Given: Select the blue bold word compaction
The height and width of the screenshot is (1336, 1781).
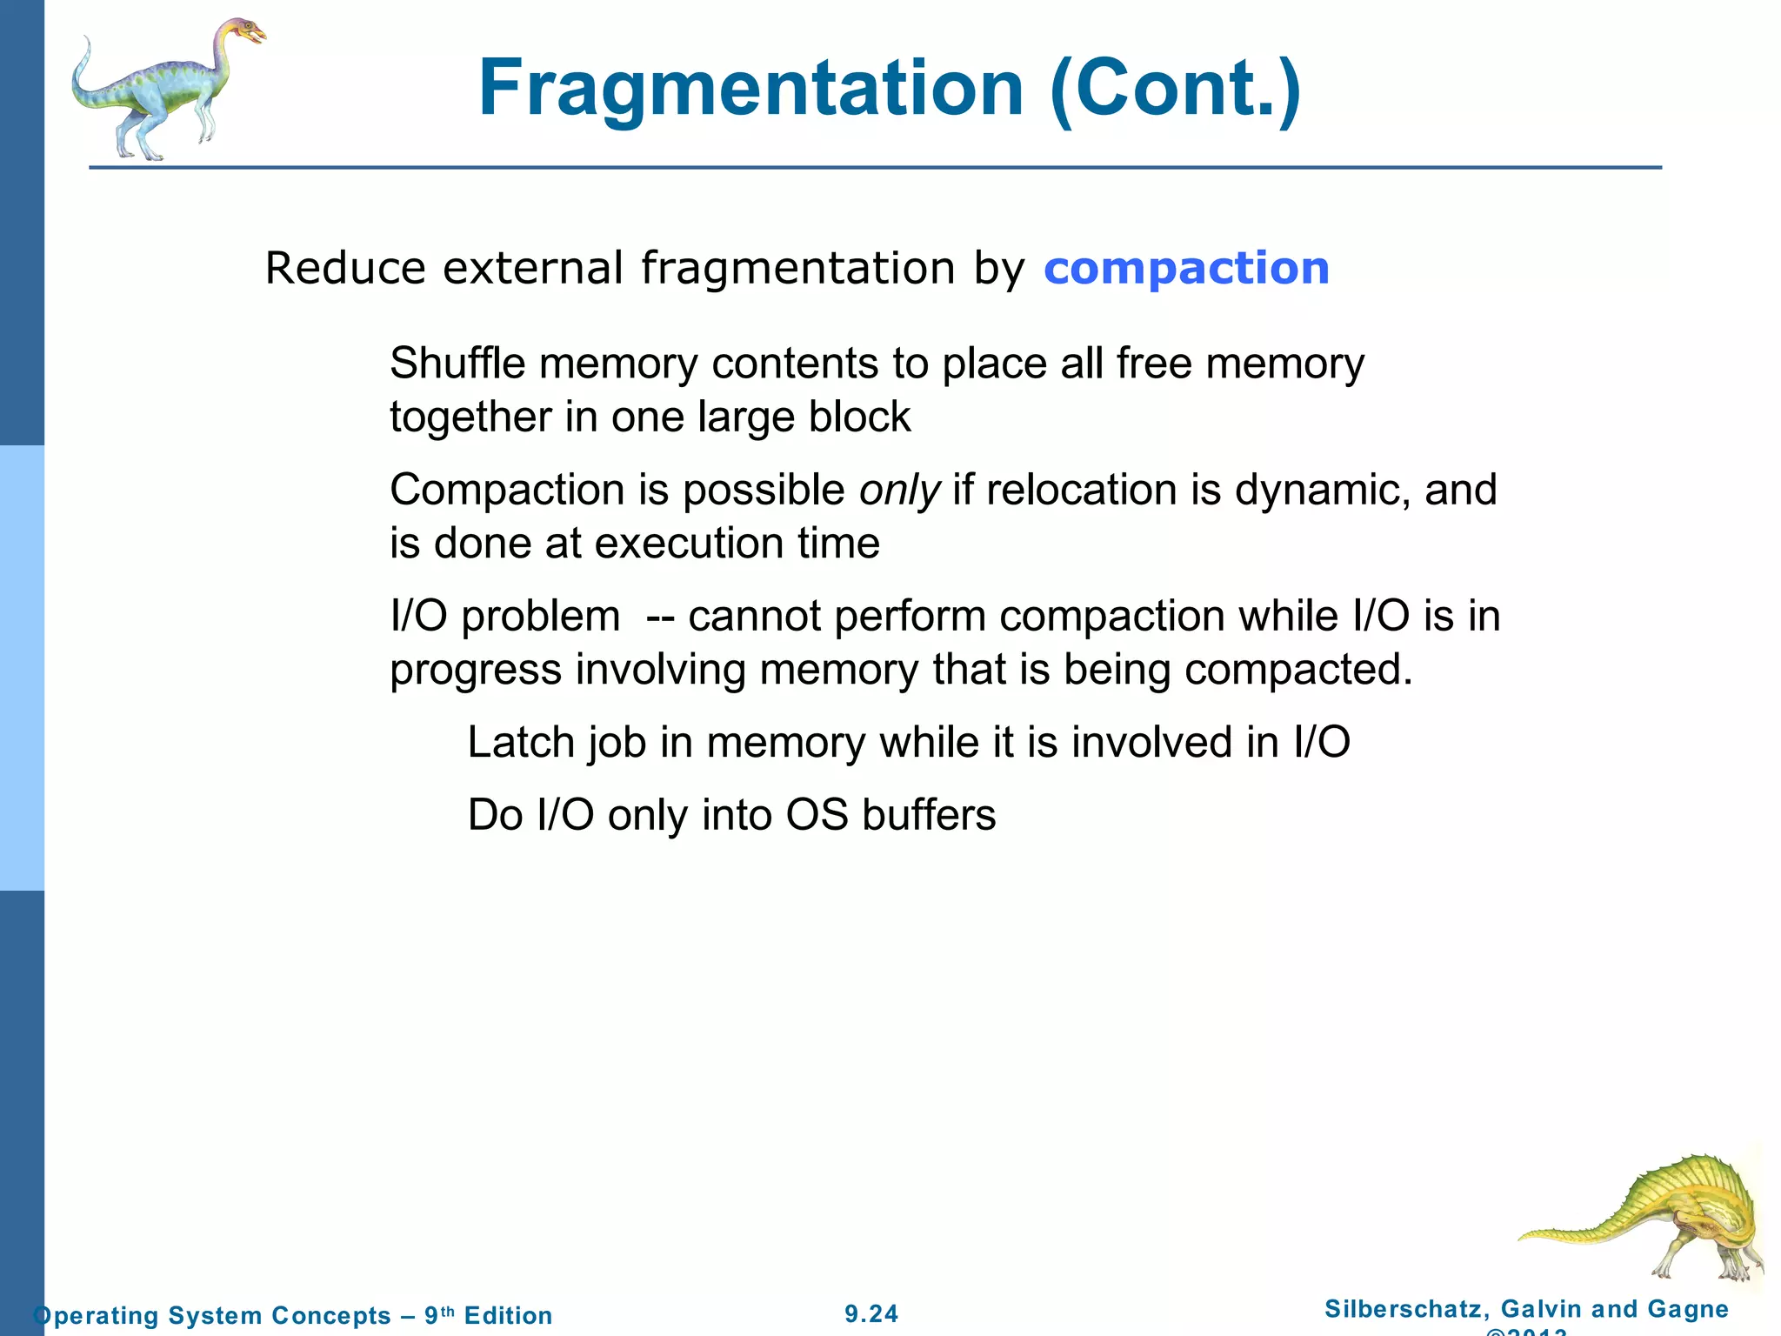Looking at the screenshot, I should coord(1186,268).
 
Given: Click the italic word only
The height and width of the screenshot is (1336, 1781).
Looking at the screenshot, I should coord(899,491).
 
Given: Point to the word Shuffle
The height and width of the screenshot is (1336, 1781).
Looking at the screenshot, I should coord(457,364).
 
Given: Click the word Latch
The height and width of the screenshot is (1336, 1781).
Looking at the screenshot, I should coord(521,743).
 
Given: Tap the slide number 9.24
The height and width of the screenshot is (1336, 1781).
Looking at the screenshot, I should coord(871,1313).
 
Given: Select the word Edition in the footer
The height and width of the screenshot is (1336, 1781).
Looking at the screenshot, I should coord(508,1315).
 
